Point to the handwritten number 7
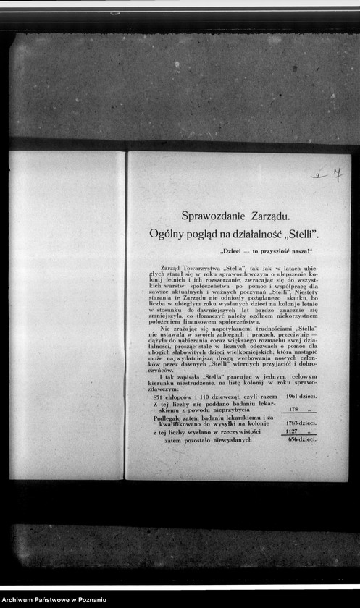(x=336, y=174)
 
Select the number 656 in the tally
(x=293, y=439)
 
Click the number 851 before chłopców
(x=159, y=397)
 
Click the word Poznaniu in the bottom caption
(x=88, y=600)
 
